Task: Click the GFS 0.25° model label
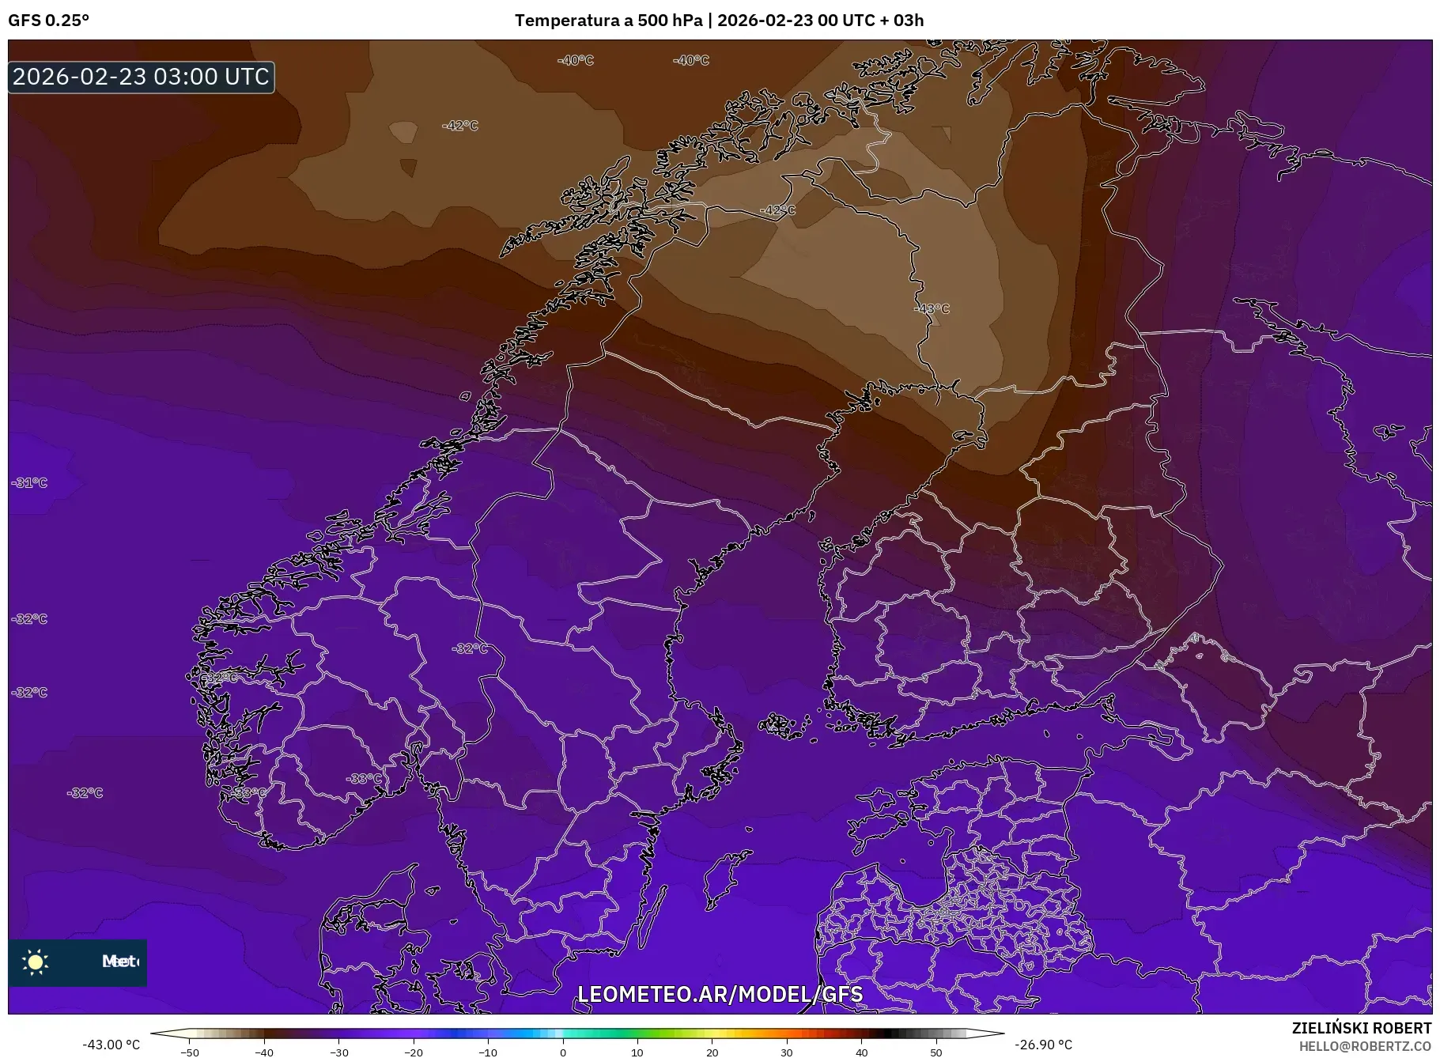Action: click(48, 21)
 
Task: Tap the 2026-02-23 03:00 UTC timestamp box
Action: click(142, 77)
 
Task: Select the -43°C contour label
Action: click(931, 308)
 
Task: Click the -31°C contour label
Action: click(29, 482)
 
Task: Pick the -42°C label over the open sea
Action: click(459, 126)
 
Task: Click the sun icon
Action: click(36, 962)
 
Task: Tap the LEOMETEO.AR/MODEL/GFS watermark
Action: click(720, 994)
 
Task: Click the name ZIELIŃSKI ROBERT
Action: click(1361, 1028)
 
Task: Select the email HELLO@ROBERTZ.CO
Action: click(1365, 1046)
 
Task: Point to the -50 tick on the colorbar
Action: click(190, 1052)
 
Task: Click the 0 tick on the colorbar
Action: click(563, 1052)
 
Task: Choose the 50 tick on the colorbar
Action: click(936, 1052)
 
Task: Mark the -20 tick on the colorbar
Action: click(414, 1052)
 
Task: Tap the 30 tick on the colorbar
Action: click(787, 1052)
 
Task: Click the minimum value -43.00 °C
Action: click(111, 1045)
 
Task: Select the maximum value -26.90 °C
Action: click(1043, 1045)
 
